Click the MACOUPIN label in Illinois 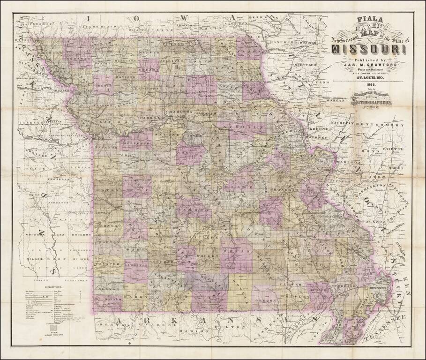point(338,124)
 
